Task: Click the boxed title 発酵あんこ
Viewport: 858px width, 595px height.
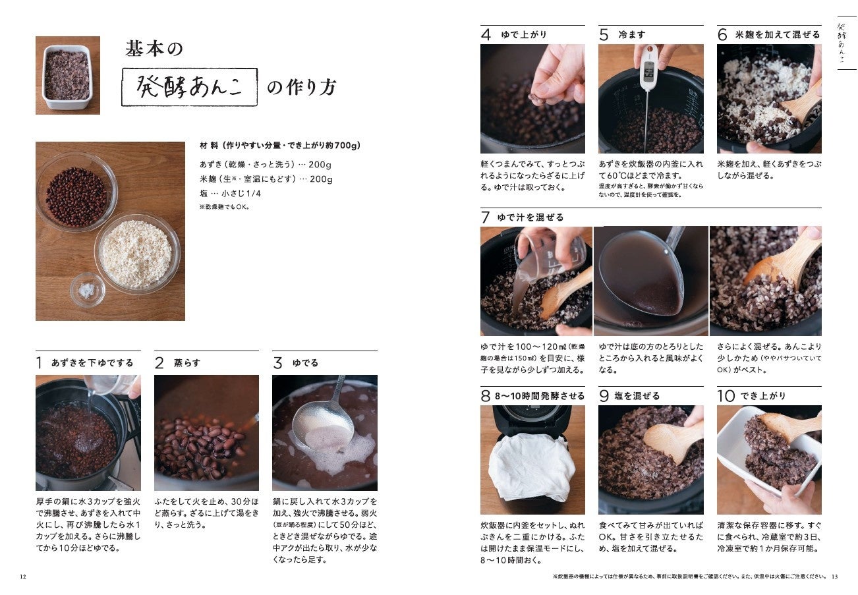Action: click(x=190, y=87)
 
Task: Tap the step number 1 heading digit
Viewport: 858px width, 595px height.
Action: click(x=39, y=362)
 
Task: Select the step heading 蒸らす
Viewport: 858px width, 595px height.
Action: click(x=187, y=362)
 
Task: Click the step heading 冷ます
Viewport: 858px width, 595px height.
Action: click(x=631, y=35)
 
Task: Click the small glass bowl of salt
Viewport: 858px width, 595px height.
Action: click(x=88, y=290)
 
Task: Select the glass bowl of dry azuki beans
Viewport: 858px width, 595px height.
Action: click(x=76, y=192)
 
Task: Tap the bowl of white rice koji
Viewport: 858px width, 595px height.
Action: click(x=137, y=254)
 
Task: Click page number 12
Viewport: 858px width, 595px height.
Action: click(x=23, y=577)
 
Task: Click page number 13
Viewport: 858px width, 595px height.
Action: click(x=835, y=577)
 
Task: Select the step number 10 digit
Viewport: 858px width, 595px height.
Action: click(x=726, y=396)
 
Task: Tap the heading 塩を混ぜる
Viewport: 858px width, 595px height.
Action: click(x=637, y=396)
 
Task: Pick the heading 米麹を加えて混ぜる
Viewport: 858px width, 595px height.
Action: click(x=778, y=35)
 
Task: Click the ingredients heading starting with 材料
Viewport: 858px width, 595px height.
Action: click(x=280, y=146)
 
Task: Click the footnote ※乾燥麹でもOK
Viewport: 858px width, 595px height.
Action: click(x=225, y=207)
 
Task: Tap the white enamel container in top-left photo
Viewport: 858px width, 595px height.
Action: click(x=67, y=76)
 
